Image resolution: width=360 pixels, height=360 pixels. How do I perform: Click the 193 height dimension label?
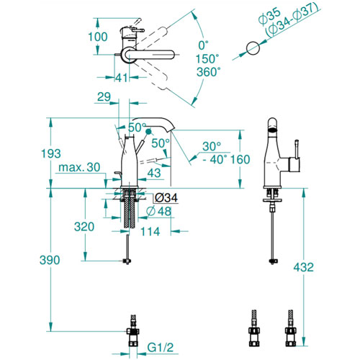(51, 153)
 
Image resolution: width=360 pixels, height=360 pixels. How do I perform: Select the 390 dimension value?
(50, 260)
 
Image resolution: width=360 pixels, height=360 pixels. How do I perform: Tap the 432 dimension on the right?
(303, 267)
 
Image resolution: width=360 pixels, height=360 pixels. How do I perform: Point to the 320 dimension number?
(84, 227)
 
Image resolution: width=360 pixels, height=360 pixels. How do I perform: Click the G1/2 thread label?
(160, 347)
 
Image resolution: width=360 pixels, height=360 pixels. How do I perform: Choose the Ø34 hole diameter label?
(166, 198)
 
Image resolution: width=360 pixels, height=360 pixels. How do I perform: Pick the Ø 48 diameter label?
(158, 211)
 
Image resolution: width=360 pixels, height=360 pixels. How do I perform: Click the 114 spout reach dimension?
(150, 232)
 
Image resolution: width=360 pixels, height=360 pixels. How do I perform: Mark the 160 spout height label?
(240, 159)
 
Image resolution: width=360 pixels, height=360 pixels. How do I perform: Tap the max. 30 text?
(79, 167)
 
